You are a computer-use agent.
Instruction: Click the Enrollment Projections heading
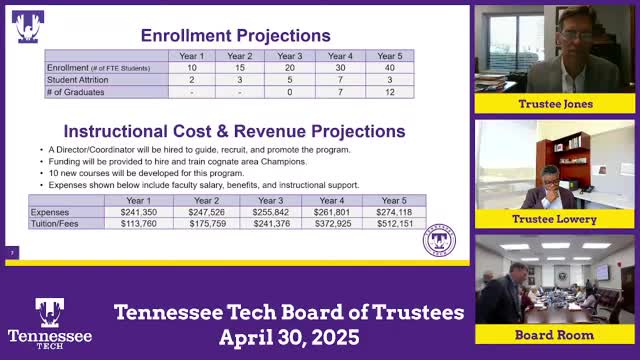coord(235,35)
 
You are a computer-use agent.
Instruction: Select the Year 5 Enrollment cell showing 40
coord(385,67)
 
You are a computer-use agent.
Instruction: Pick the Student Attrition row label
coord(77,78)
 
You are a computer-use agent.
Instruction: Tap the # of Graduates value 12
coord(385,90)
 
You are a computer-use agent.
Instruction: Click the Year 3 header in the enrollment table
coord(290,56)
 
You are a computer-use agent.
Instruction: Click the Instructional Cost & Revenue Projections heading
coord(235,131)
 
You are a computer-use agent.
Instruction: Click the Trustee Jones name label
coord(554,104)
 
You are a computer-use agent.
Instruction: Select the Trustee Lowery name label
coord(554,219)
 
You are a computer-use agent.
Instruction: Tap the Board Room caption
coord(554,335)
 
